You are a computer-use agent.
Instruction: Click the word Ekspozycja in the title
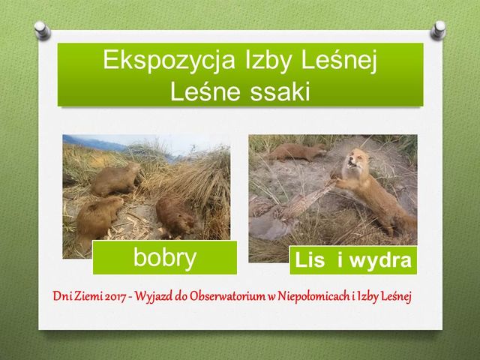[169, 61]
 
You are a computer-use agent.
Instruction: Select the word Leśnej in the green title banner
[339, 61]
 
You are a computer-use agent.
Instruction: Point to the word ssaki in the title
[280, 91]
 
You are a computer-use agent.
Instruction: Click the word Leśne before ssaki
[205, 91]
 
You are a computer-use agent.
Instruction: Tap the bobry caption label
[165, 258]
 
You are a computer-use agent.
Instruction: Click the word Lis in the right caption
[310, 260]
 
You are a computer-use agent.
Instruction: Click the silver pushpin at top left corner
[42, 30]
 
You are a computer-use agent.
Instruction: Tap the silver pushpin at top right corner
[438, 30]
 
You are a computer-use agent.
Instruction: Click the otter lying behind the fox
[296, 152]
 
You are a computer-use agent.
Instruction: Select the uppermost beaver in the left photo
[115, 179]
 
